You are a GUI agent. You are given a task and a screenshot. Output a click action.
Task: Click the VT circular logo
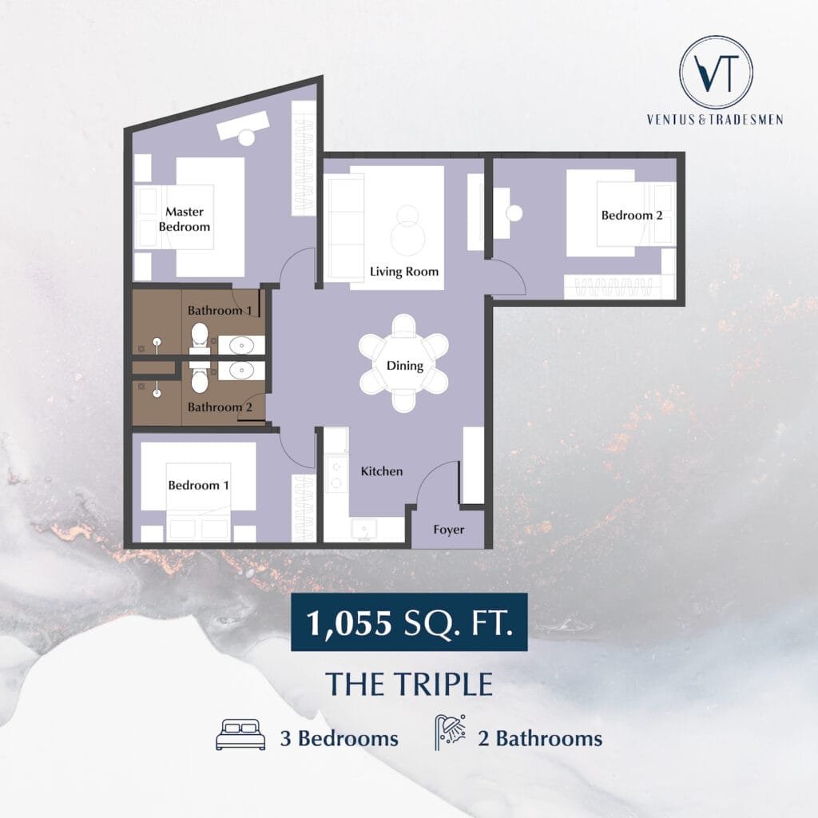pyautogui.click(x=716, y=72)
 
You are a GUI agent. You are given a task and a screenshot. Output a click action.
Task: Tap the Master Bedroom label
pyautogui.click(x=185, y=219)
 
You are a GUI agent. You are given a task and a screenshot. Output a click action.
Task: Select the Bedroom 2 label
pyautogui.click(x=632, y=215)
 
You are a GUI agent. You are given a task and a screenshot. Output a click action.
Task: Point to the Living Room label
pyautogui.click(x=403, y=272)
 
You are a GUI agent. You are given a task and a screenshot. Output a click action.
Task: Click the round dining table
pyautogui.click(x=403, y=363)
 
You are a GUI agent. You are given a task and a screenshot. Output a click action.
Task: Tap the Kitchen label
pyautogui.click(x=382, y=471)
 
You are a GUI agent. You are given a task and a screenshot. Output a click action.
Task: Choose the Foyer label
pyautogui.click(x=449, y=530)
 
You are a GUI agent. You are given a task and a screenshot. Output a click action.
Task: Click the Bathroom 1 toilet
pyautogui.click(x=199, y=339)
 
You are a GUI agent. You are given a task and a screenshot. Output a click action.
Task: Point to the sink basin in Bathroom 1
pyautogui.click(x=241, y=345)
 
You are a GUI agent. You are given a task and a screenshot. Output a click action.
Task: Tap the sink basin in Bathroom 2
pyautogui.click(x=241, y=371)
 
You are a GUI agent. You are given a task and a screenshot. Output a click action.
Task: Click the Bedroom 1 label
pyautogui.click(x=198, y=485)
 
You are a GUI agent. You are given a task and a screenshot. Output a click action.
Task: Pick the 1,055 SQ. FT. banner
pyautogui.click(x=409, y=621)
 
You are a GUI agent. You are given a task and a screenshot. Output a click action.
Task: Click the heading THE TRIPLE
pyautogui.click(x=409, y=684)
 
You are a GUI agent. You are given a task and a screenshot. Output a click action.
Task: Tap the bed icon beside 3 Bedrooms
pyautogui.click(x=240, y=735)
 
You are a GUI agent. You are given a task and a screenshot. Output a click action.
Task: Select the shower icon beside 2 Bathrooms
pyautogui.click(x=451, y=733)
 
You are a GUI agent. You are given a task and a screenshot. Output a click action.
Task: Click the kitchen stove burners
pyautogui.click(x=336, y=475)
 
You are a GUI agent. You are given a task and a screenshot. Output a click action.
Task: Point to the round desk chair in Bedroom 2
pyautogui.click(x=514, y=212)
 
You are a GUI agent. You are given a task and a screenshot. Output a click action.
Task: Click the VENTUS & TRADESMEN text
pyautogui.click(x=715, y=120)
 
